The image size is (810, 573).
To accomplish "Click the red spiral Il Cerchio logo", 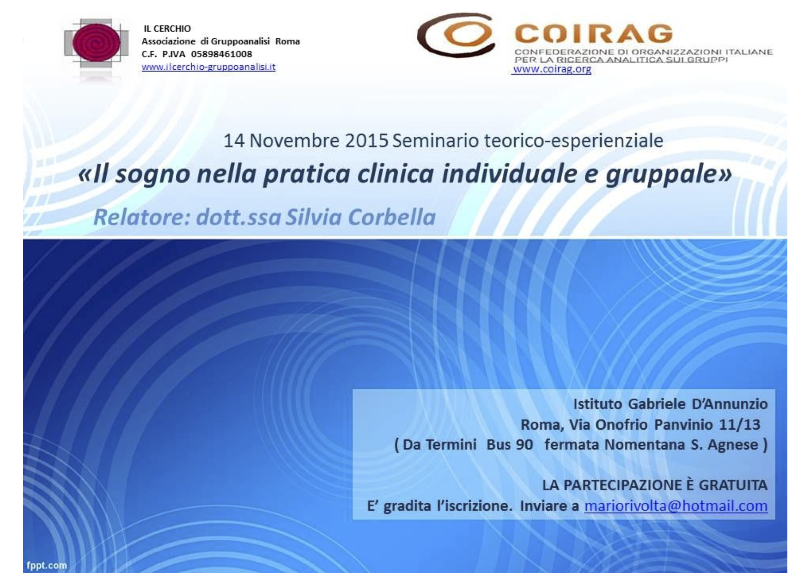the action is (x=97, y=43).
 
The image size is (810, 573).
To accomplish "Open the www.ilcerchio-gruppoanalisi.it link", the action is (x=208, y=67).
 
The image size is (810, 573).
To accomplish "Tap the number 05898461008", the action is (x=222, y=54).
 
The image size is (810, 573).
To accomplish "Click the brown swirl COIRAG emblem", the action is (x=456, y=35).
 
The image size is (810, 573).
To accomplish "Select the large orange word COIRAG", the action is (x=593, y=34).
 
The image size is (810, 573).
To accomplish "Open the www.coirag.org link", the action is (x=552, y=69).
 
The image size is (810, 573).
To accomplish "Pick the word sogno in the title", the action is (x=153, y=174).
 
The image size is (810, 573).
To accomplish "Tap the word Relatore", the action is (x=140, y=217).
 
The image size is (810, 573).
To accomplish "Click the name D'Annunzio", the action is (x=730, y=404).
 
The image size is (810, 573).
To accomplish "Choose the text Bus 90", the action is (x=510, y=445).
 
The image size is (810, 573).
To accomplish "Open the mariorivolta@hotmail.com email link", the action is (x=676, y=506).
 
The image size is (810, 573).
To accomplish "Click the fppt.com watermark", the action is (x=47, y=565).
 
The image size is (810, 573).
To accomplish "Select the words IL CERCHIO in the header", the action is (x=167, y=29).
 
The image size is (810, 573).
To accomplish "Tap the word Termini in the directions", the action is (x=451, y=445).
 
